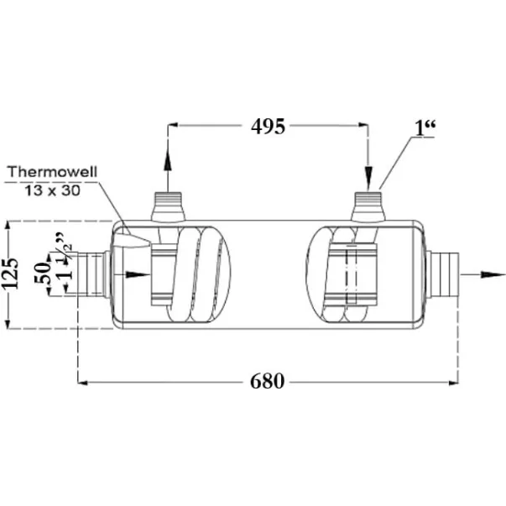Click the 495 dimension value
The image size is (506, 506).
click(269, 126)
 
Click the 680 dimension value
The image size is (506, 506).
click(267, 382)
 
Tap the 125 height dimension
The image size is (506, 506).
click(10, 274)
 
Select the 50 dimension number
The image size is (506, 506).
click(42, 273)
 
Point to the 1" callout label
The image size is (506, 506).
click(425, 128)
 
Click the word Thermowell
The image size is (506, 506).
click(52, 172)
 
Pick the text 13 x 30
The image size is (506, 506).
click(52, 190)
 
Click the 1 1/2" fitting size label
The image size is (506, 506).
click(64, 256)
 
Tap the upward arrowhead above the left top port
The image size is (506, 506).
click(168, 160)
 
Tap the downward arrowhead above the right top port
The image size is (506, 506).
click(368, 176)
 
